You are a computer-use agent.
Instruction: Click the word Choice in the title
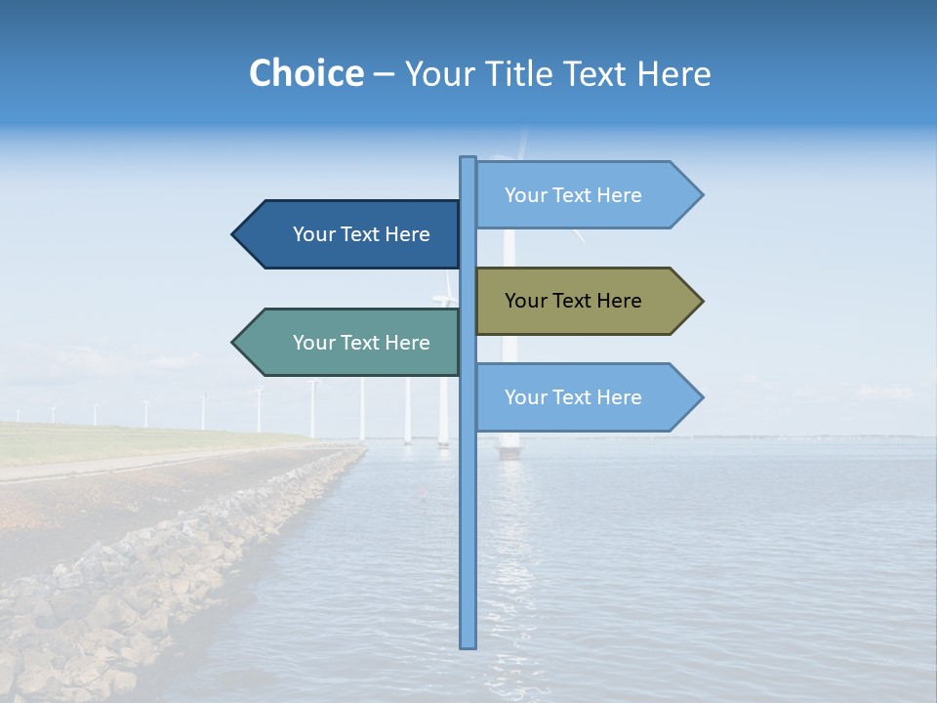click(306, 73)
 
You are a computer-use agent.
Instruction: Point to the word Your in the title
click(438, 73)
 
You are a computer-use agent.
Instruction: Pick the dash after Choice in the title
click(384, 74)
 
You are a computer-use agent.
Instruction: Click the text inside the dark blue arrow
click(361, 234)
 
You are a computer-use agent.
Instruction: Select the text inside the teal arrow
click(361, 343)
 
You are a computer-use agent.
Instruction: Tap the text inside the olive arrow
click(573, 301)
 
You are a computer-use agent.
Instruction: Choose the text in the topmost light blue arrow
click(573, 195)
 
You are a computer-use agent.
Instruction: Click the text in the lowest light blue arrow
click(573, 397)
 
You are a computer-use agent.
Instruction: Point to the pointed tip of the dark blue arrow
click(234, 234)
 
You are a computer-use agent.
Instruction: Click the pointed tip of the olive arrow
click(701, 301)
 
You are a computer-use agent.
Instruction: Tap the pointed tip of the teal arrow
click(234, 343)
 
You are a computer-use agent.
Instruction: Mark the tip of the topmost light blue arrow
click(701, 195)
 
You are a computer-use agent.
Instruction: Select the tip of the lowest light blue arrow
click(701, 397)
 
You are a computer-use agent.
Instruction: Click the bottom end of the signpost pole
click(468, 644)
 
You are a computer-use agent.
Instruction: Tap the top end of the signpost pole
click(468, 159)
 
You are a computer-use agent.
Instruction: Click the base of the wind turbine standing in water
click(509, 452)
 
